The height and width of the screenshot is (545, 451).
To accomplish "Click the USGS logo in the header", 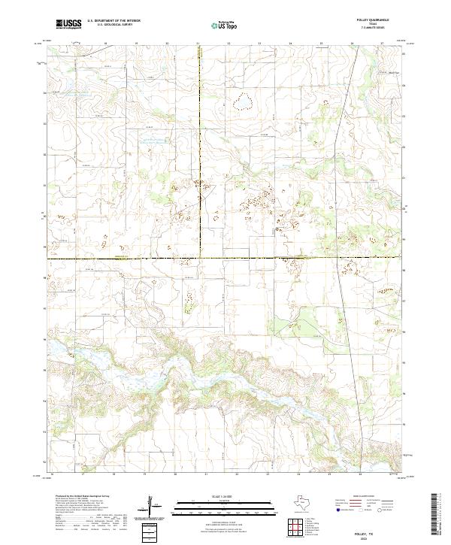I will tap(68, 24).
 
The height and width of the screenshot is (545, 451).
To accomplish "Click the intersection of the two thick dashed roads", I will tap(199, 258).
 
